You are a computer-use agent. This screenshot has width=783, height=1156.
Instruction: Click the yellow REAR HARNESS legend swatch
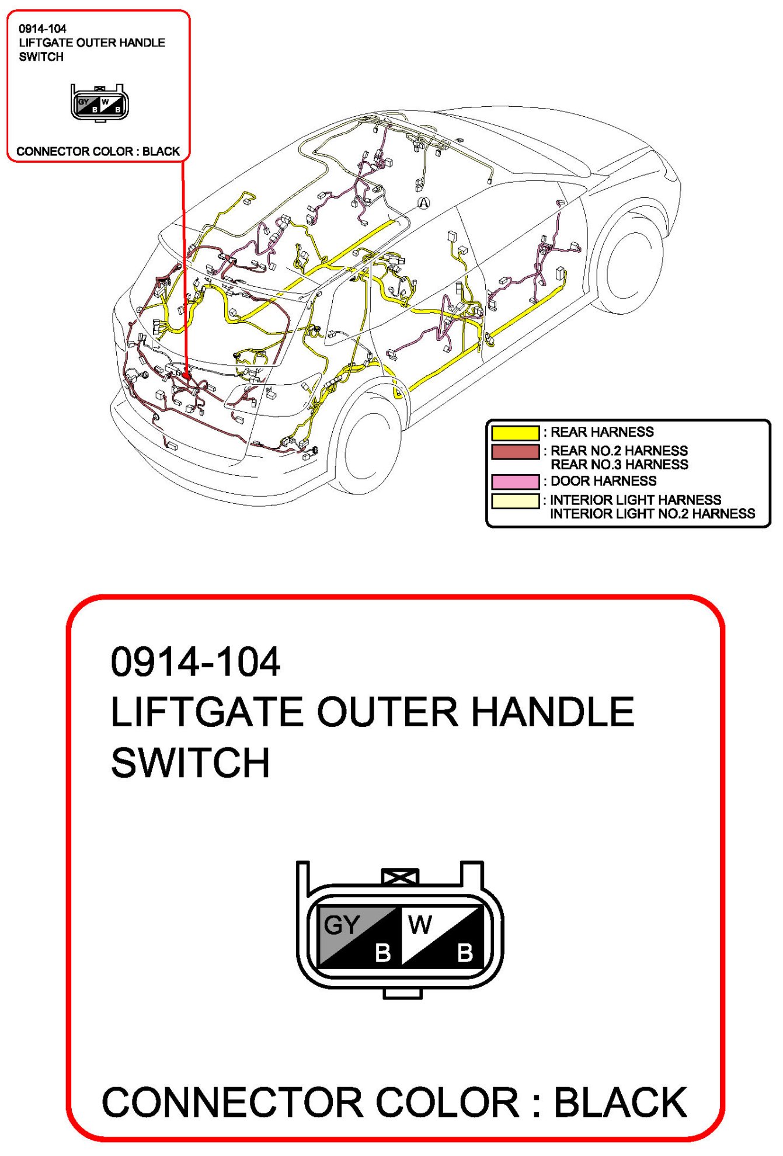tap(514, 433)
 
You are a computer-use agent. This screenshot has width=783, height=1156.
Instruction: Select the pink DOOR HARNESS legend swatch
tap(514, 482)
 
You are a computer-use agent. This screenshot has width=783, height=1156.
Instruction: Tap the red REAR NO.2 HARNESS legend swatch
tap(514, 452)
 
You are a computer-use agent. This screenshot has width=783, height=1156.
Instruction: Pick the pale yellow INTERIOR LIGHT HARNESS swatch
tap(514, 501)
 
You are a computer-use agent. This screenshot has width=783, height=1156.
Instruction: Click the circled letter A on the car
tap(424, 203)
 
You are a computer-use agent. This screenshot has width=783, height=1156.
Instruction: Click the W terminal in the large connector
tap(420, 925)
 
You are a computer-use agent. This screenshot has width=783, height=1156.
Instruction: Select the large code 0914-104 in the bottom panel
tap(196, 662)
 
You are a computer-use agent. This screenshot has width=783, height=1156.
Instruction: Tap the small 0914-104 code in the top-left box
tap(43, 29)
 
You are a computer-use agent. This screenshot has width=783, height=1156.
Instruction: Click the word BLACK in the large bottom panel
tap(620, 1102)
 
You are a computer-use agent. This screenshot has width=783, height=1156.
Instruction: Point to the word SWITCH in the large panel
tap(190, 762)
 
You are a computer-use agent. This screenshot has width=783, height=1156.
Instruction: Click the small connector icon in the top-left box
tap(99, 103)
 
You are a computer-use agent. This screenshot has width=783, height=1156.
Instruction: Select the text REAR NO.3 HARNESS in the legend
tap(619, 465)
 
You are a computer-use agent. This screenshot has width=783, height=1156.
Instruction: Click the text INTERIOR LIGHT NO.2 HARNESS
tap(652, 514)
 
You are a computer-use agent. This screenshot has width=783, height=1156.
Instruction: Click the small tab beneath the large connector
tap(402, 993)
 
